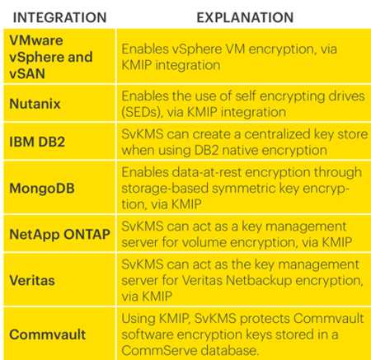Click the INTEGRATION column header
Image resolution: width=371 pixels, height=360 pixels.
(x=59, y=17)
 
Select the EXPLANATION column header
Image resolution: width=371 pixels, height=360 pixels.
(x=245, y=17)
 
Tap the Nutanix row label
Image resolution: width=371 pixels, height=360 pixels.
(x=35, y=104)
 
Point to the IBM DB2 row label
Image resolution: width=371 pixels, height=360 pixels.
(x=37, y=142)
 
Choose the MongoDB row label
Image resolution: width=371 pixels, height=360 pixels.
(x=42, y=189)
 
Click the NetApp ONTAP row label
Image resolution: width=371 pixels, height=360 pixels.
(x=60, y=235)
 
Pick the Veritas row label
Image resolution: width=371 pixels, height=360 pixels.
(x=32, y=281)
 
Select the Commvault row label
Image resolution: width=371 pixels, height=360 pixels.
(x=48, y=334)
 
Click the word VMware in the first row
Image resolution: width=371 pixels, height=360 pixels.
(x=36, y=40)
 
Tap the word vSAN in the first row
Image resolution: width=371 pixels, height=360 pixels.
(x=27, y=73)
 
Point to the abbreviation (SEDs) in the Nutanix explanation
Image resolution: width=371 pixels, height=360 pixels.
(x=142, y=112)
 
